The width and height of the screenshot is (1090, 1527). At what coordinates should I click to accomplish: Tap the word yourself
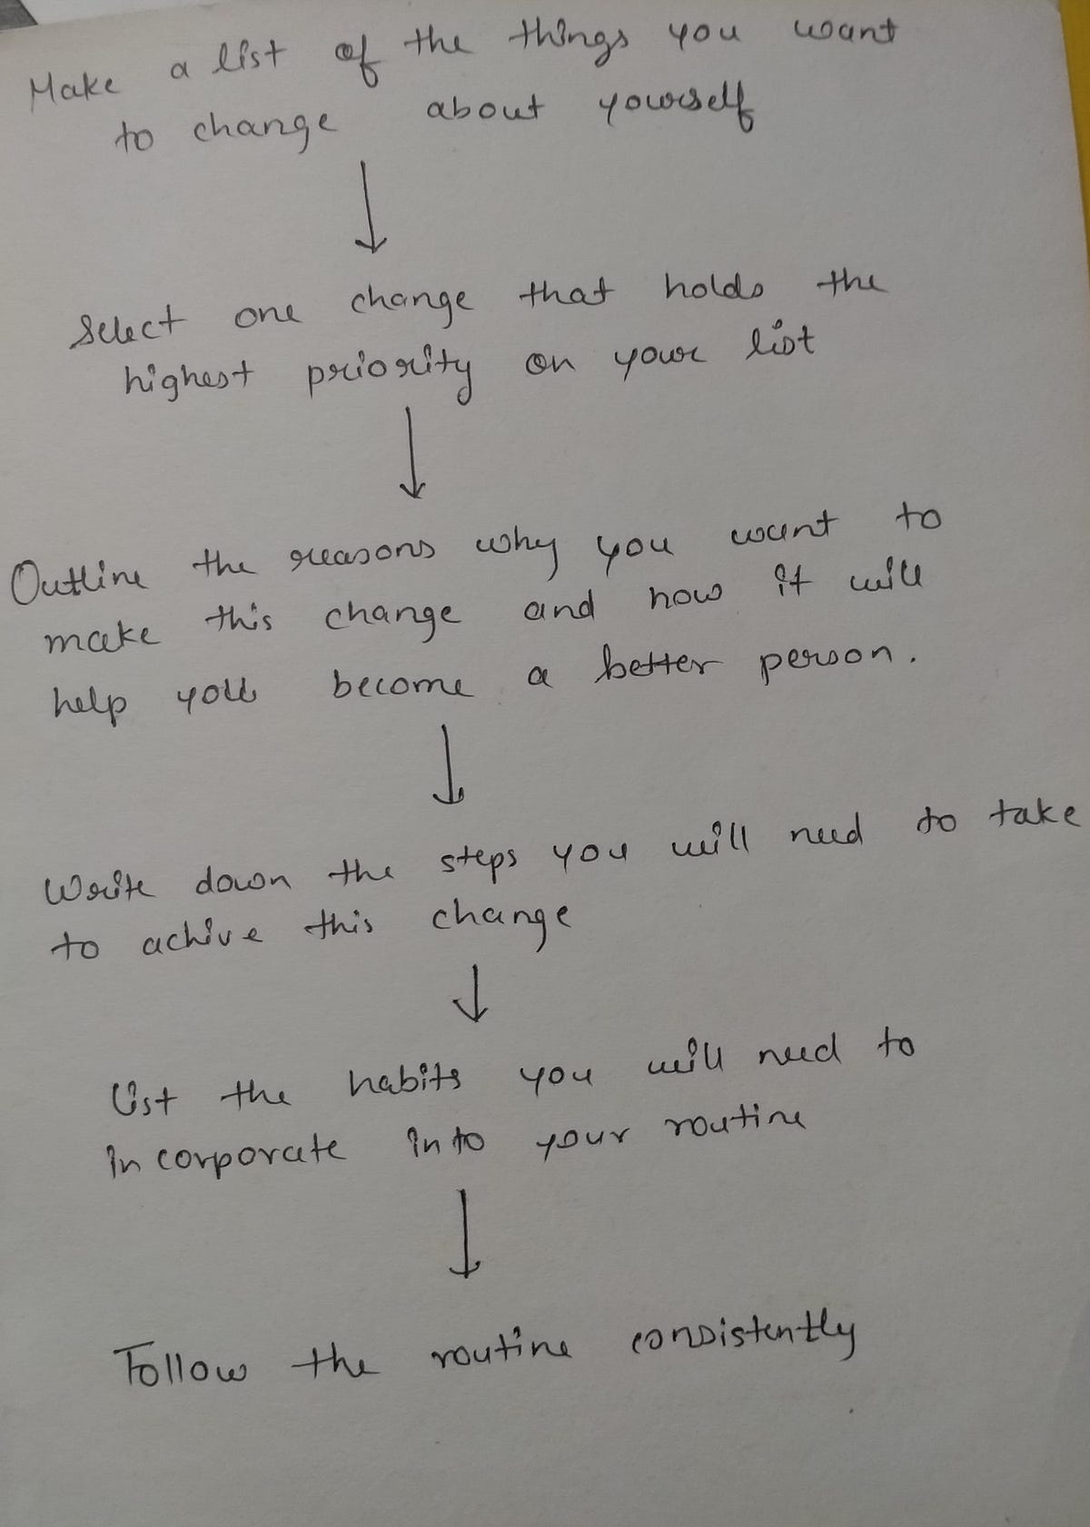[x=676, y=108]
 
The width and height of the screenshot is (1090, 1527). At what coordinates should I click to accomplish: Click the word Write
[x=100, y=888]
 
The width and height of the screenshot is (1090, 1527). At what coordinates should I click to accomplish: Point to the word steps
[x=477, y=862]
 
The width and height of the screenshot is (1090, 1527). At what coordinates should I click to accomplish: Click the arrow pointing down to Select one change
[x=369, y=207]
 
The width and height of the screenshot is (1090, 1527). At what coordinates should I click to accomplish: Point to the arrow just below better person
[x=448, y=763]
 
